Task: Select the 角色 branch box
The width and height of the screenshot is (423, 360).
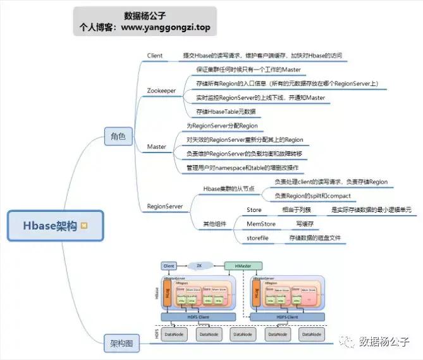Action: pyautogui.click(x=118, y=135)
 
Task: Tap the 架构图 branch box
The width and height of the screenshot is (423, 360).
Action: pyautogui.click(x=120, y=345)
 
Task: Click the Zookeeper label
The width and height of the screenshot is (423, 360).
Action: pyautogui.click(x=162, y=90)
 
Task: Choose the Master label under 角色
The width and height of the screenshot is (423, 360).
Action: pyautogui.click(x=157, y=147)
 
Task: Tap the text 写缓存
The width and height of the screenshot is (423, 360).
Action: pyautogui.click(x=306, y=223)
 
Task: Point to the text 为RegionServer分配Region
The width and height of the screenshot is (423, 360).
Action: pyautogui.click(x=222, y=126)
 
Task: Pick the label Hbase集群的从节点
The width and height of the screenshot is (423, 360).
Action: pyautogui.click(x=230, y=189)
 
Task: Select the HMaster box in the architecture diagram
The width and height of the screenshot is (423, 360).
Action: pyautogui.click(x=243, y=266)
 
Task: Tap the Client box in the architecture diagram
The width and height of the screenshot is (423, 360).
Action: pyautogui.click(x=168, y=266)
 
